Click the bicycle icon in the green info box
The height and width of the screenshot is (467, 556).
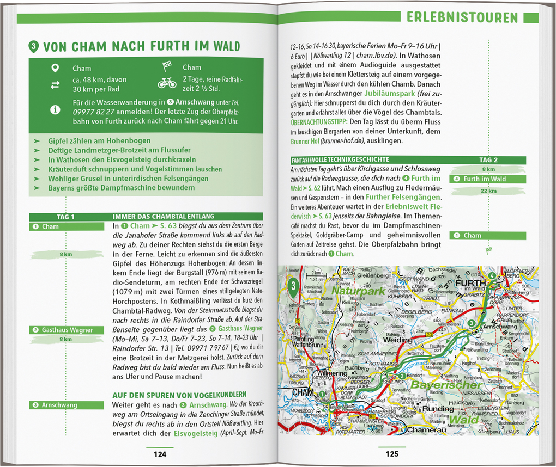pyautogui.click(x=167, y=83)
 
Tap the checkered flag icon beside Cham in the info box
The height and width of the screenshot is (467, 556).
pyautogui.click(x=167, y=67)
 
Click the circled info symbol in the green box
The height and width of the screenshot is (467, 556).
pyautogui.click(x=55, y=109)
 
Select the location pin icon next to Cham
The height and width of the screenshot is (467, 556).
pyautogui.click(x=55, y=68)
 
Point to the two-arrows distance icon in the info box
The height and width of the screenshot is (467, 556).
pyautogui.click(x=55, y=84)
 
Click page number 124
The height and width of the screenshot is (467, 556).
pyautogui.click(x=160, y=454)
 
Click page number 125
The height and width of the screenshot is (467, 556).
pyautogui.click(x=392, y=454)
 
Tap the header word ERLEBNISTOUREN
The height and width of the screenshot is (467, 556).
pyautogui.click(x=462, y=17)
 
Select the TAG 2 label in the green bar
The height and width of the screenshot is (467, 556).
pyautogui.click(x=488, y=160)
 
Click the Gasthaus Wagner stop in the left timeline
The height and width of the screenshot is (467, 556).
pyautogui.click(x=67, y=330)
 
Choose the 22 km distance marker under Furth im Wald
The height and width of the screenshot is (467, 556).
pyautogui.click(x=488, y=191)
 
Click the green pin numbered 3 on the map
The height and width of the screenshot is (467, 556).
pyautogui.click(x=294, y=286)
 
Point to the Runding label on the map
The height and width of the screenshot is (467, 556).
pyautogui.click(x=438, y=408)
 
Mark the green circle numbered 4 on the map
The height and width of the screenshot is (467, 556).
pyautogui.click(x=492, y=276)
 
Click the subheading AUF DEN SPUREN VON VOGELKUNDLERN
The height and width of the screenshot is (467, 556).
pyautogui.click(x=179, y=394)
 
